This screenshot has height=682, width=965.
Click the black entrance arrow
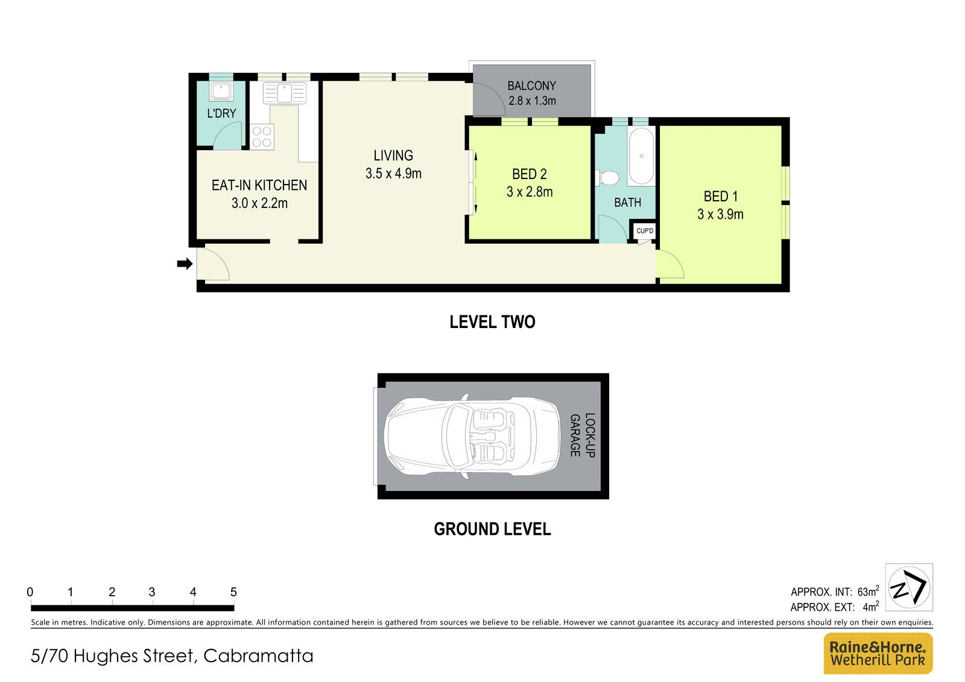click(185, 264)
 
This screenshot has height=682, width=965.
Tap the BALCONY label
click(531, 86)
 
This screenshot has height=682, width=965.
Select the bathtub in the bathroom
click(641, 156)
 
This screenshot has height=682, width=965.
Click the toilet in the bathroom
click(608, 178)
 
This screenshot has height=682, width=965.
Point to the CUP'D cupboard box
click(645, 231)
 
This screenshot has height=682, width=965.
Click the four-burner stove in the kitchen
click(262, 137)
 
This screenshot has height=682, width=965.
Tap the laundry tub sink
click(221, 92)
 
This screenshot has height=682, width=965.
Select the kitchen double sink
click(285, 93)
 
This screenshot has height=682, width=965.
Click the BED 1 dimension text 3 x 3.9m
click(720, 214)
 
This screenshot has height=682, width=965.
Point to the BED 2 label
click(529, 174)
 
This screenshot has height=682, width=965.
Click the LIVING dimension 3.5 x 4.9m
click(393, 174)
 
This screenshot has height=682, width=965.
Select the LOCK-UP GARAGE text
click(583, 435)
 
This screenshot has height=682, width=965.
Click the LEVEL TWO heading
click(492, 322)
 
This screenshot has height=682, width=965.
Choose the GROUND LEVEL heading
click(492, 529)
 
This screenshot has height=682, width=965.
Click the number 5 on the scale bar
click(233, 592)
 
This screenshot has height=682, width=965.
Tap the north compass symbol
click(909, 587)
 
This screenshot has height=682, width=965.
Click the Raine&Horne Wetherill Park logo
click(878, 653)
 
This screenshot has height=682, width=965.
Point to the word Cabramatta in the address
click(258, 656)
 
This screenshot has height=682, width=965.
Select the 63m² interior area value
click(868, 592)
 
